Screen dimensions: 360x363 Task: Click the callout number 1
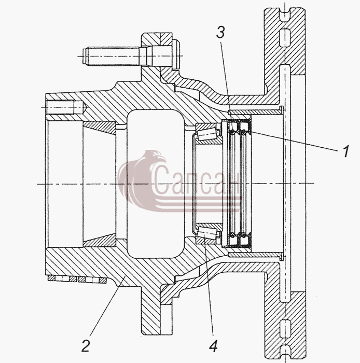(345, 151)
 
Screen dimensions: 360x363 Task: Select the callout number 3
(220, 32)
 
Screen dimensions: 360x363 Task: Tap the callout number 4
(213, 346)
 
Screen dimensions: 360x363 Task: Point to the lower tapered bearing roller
(207, 233)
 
